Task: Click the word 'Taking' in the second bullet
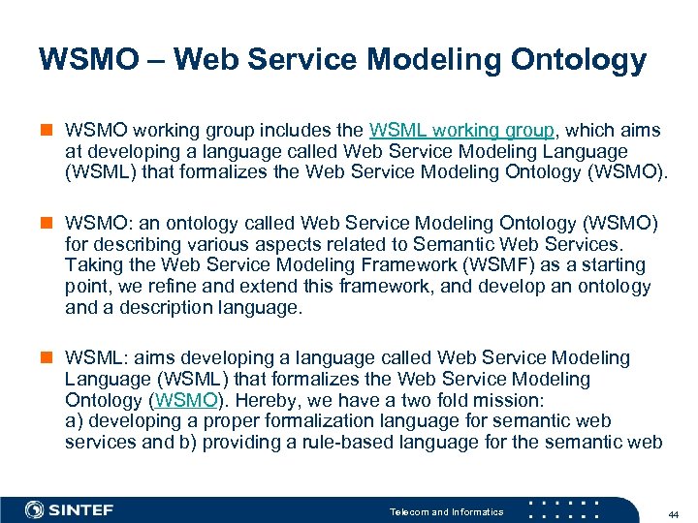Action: (93, 265)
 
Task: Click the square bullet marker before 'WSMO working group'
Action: (47, 130)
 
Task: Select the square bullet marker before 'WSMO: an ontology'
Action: (47, 224)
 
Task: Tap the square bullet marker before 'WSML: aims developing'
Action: (47, 358)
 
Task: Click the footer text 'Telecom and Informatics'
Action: (446, 511)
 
